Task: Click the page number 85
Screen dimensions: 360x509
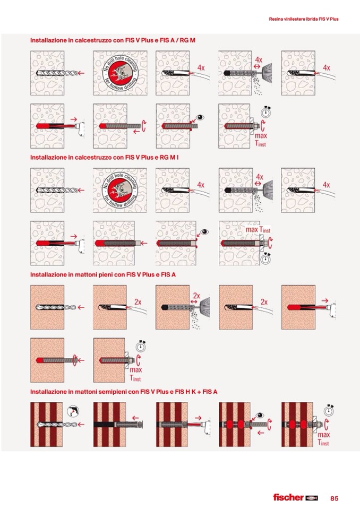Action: pyautogui.click(x=334, y=498)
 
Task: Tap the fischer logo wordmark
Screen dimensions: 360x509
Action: pyautogui.click(x=288, y=497)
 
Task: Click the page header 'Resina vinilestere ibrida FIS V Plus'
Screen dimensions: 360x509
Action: pyautogui.click(x=304, y=19)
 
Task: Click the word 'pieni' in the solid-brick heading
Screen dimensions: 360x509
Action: pyautogui.click(x=105, y=274)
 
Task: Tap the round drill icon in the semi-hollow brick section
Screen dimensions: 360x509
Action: pyautogui.click(x=73, y=411)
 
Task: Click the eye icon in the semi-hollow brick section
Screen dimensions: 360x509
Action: pyautogui.click(x=260, y=415)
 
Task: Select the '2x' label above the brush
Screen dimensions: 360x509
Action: pyautogui.click(x=196, y=296)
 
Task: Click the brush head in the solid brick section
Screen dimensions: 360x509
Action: pyautogui.click(x=205, y=307)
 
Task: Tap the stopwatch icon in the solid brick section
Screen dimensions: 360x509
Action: pyautogui.click(x=141, y=346)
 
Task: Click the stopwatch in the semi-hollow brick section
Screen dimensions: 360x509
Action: pyautogui.click(x=329, y=410)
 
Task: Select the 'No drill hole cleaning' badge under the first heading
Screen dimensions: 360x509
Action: pyautogui.click(x=120, y=73)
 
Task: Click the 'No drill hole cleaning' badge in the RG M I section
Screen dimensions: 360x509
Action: pyautogui.click(x=120, y=190)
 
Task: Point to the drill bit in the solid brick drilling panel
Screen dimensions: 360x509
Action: pyautogui.click(x=56, y=307)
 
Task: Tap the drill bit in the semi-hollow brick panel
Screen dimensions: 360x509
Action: pyautogui.click(x=57, y=424)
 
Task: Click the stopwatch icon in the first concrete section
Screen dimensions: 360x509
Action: pyautogui.click(x=266, y=111)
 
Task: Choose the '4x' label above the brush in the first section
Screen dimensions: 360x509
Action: pyautogui.click(x=259, y=60)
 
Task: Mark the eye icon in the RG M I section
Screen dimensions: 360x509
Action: pyautogui.click(x=204, y=232)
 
